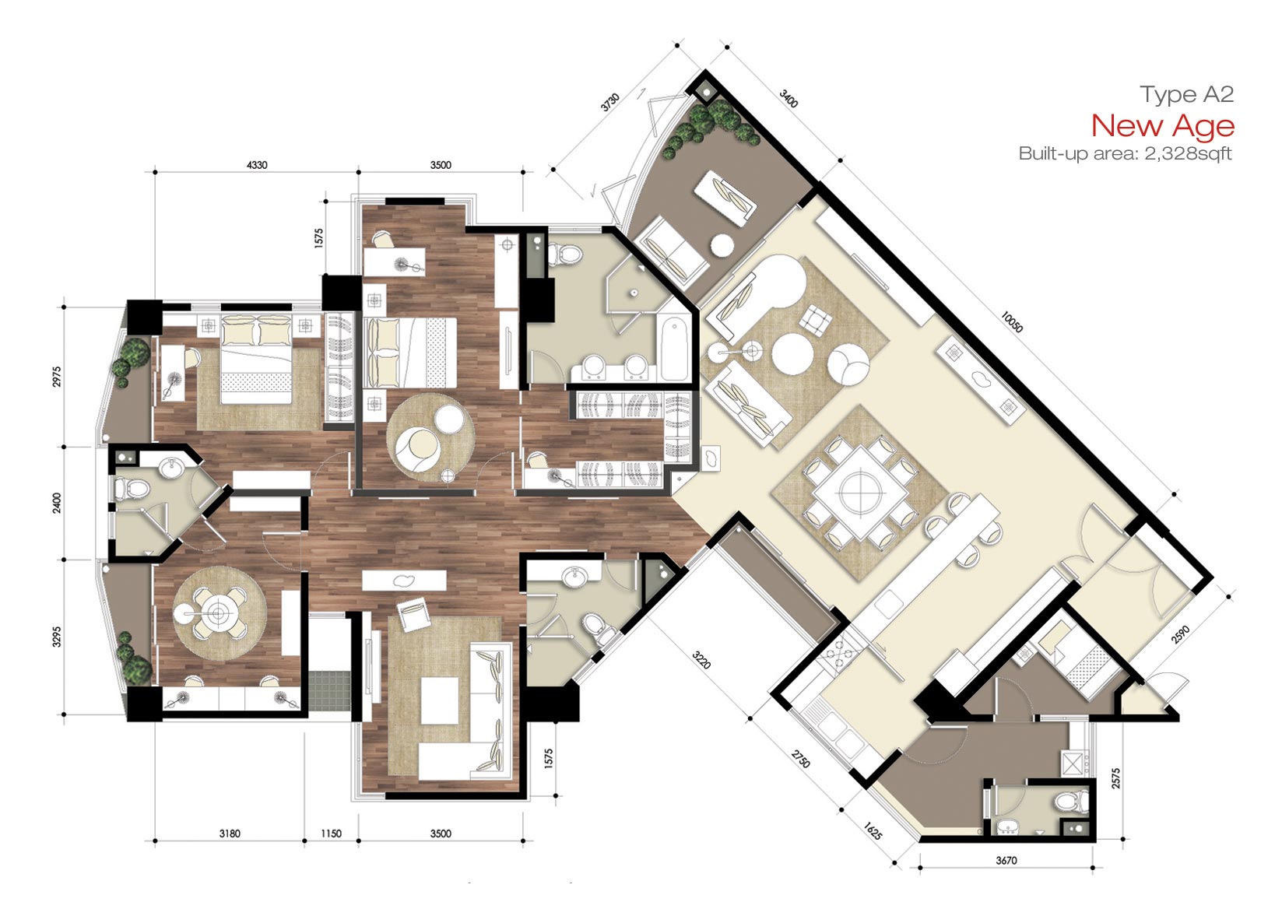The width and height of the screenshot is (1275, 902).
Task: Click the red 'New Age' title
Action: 1162,126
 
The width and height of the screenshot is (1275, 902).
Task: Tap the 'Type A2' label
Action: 1186,94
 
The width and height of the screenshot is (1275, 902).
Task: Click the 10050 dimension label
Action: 1011,321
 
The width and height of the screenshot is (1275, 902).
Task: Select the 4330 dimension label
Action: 257,165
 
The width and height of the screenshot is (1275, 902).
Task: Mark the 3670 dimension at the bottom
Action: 1006,861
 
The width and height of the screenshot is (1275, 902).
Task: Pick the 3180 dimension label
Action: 230,834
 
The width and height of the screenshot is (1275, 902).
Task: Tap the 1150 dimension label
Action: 331,834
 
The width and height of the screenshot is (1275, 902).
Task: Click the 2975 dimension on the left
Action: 56,377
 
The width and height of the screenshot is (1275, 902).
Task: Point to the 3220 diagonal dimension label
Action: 701,659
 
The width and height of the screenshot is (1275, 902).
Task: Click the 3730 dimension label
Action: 609,102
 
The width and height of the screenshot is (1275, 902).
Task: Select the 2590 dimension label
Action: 1180,634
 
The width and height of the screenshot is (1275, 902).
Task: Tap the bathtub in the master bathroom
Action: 673,349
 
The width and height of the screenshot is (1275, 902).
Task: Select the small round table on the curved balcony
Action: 722,245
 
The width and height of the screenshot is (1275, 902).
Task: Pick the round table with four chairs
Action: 219,613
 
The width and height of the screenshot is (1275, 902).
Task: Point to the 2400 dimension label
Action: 56,503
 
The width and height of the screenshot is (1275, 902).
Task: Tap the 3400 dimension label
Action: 789,99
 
